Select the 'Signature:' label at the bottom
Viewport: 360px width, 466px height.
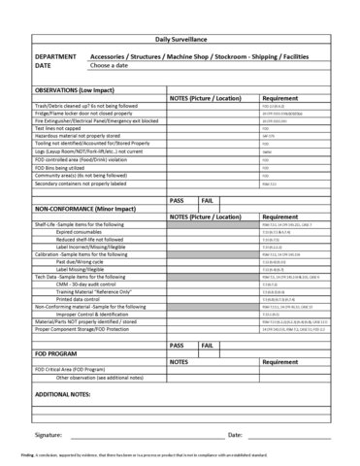click(x=48, y=436)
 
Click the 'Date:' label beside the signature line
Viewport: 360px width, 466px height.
click(x=235, y=436)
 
